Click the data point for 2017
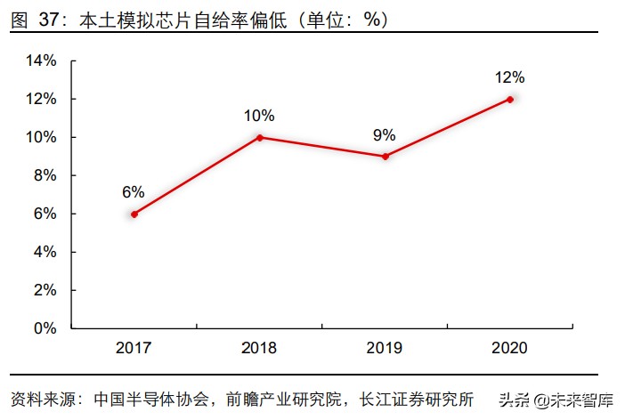pyautogui.click(x=134, y=214)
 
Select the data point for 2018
pyautogui.click(x=259, y=137)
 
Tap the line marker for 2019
pyautogui.click(x=385, y=157)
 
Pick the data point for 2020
pyautogui.click(x=510, y=99)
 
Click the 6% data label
pyautogui.click(x=134, y=191)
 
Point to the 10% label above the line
pyautogui.click(x=259, y=116)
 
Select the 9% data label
pyautogui.click(x=385, y=135)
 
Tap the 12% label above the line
pyautogui.click(x=510, y=77)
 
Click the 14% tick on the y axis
pyautogui.click(x=42, y=61)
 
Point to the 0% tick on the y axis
pyautogui.click(x=45, y=328)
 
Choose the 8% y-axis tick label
pyautogui.click(x=45, y=175)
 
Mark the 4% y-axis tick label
pyautogui.click(x=45, y=252)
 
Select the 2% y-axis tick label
pyautogui.click(x=45, y=290)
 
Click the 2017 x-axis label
pyautogui.click(x=134, y=347)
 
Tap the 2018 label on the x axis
pyautogui.click(x=259, y=347)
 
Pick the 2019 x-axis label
pyautogui.click(x=385, y=347)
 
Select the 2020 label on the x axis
pyautogui.click(x=510, y=347)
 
